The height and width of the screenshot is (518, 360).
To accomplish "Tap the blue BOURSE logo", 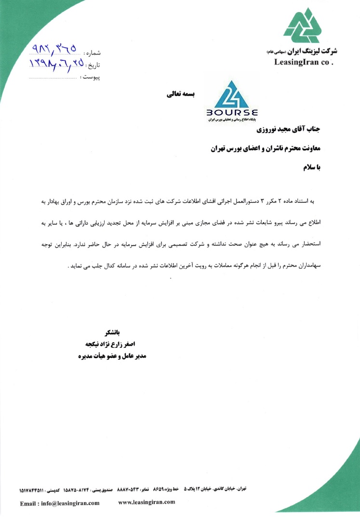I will (232, 100).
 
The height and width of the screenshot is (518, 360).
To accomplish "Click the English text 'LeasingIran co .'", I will (304, 62).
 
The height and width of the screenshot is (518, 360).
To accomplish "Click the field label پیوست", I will (91, 77).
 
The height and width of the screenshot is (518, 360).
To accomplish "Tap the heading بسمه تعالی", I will (180, 94).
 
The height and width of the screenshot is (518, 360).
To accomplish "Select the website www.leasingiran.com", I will (147, 502).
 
